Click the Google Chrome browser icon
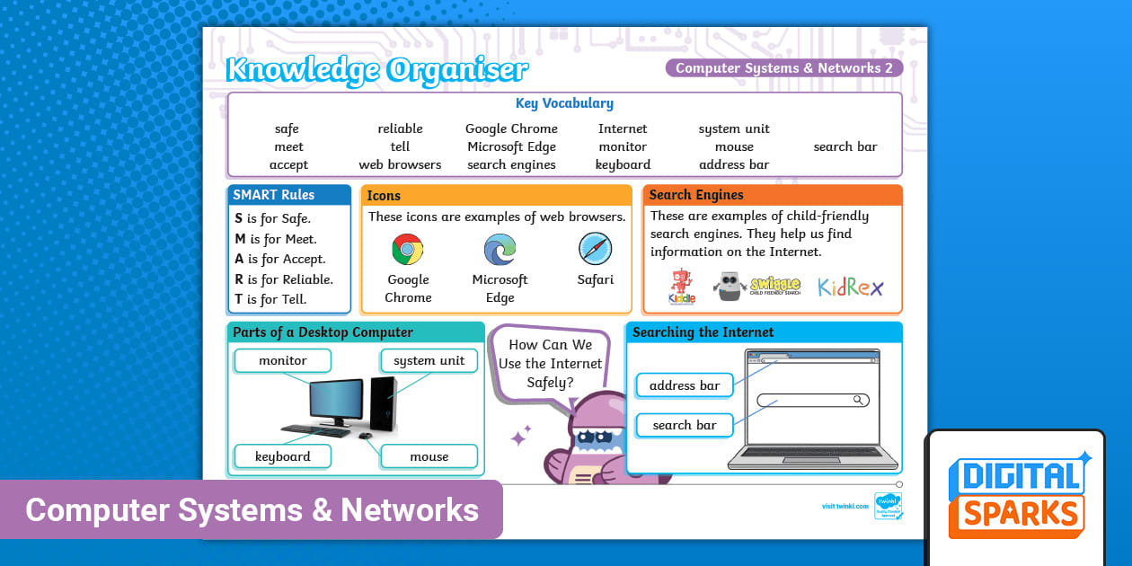click(408, 249)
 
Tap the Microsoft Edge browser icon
click(500, 249)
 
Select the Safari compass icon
click(595, 249)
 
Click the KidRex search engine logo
click(850, 287)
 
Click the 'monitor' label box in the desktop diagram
click(283, 361)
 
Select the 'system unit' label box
click(429, 361)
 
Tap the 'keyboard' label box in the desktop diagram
click(283, 456)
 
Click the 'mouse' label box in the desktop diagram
click(429, 456)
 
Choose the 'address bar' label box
click(685, 385)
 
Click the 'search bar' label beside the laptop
click(685, 425)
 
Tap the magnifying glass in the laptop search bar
click(859, 401)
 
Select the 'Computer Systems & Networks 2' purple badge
click(783, 68)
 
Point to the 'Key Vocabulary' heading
click(564, 103)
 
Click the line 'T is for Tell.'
click(270, 300)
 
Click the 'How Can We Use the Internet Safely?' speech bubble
click(550, 364)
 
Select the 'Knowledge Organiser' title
click(377, 69)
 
